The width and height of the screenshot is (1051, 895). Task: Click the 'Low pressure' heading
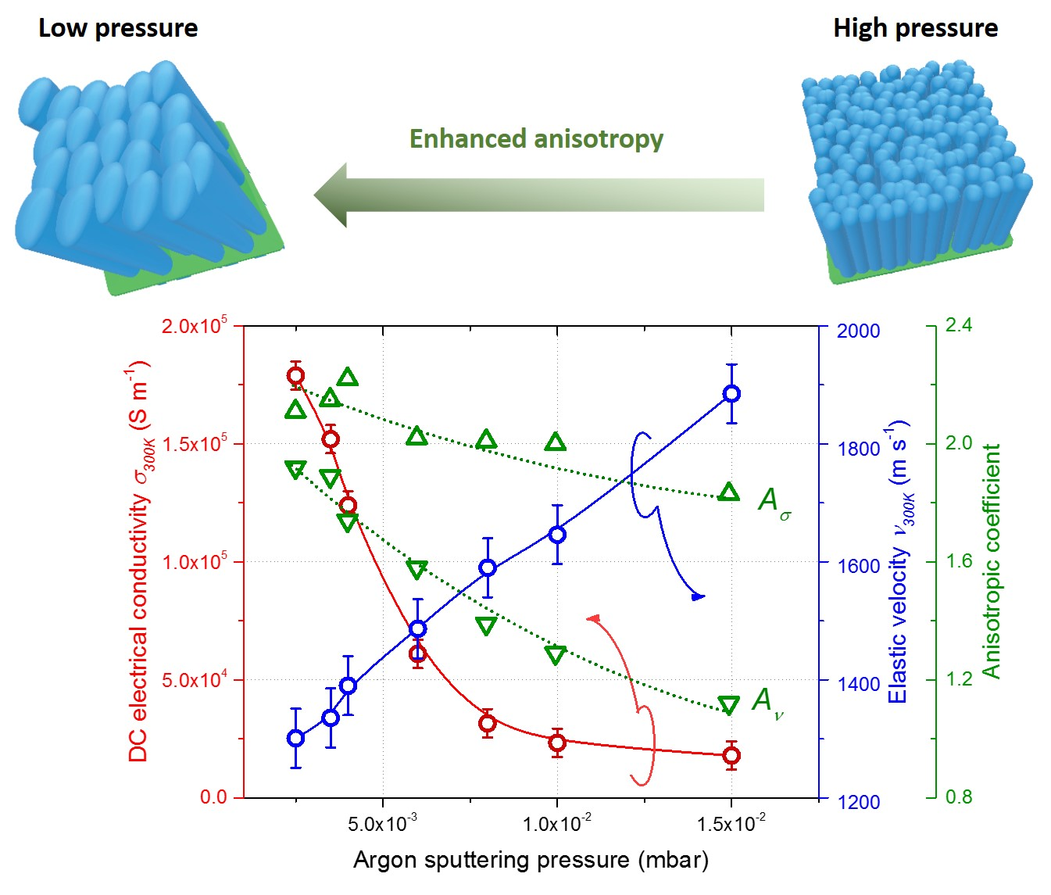coord(118,28)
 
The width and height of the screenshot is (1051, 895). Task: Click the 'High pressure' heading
coord(915,28)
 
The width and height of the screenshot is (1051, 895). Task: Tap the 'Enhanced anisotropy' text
coord(536,138)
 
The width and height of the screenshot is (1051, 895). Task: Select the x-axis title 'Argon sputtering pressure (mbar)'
coord(531,860)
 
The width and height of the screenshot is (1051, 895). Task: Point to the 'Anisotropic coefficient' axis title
coord(991,561)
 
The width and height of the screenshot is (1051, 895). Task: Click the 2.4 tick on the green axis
coord(958,325)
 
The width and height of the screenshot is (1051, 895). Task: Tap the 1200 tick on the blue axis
coord(858,802)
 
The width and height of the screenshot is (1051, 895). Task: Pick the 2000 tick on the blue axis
coord(858,331)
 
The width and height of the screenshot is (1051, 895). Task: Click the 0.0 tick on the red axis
coord(213,797)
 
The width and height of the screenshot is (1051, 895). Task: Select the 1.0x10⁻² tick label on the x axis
coord(557,824)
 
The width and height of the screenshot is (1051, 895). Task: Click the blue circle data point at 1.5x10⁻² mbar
coord(731,394)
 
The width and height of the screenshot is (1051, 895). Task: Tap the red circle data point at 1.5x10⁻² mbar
coord(731,755)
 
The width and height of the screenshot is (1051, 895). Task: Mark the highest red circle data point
coord(295,376)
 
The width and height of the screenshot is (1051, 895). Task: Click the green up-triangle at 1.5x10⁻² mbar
coord(729,492)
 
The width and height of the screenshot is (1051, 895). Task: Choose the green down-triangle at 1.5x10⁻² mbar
coord(728,705)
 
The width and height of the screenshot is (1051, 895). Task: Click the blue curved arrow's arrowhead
coord(698,596)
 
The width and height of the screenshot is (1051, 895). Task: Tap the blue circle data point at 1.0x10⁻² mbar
coord(557,535)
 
